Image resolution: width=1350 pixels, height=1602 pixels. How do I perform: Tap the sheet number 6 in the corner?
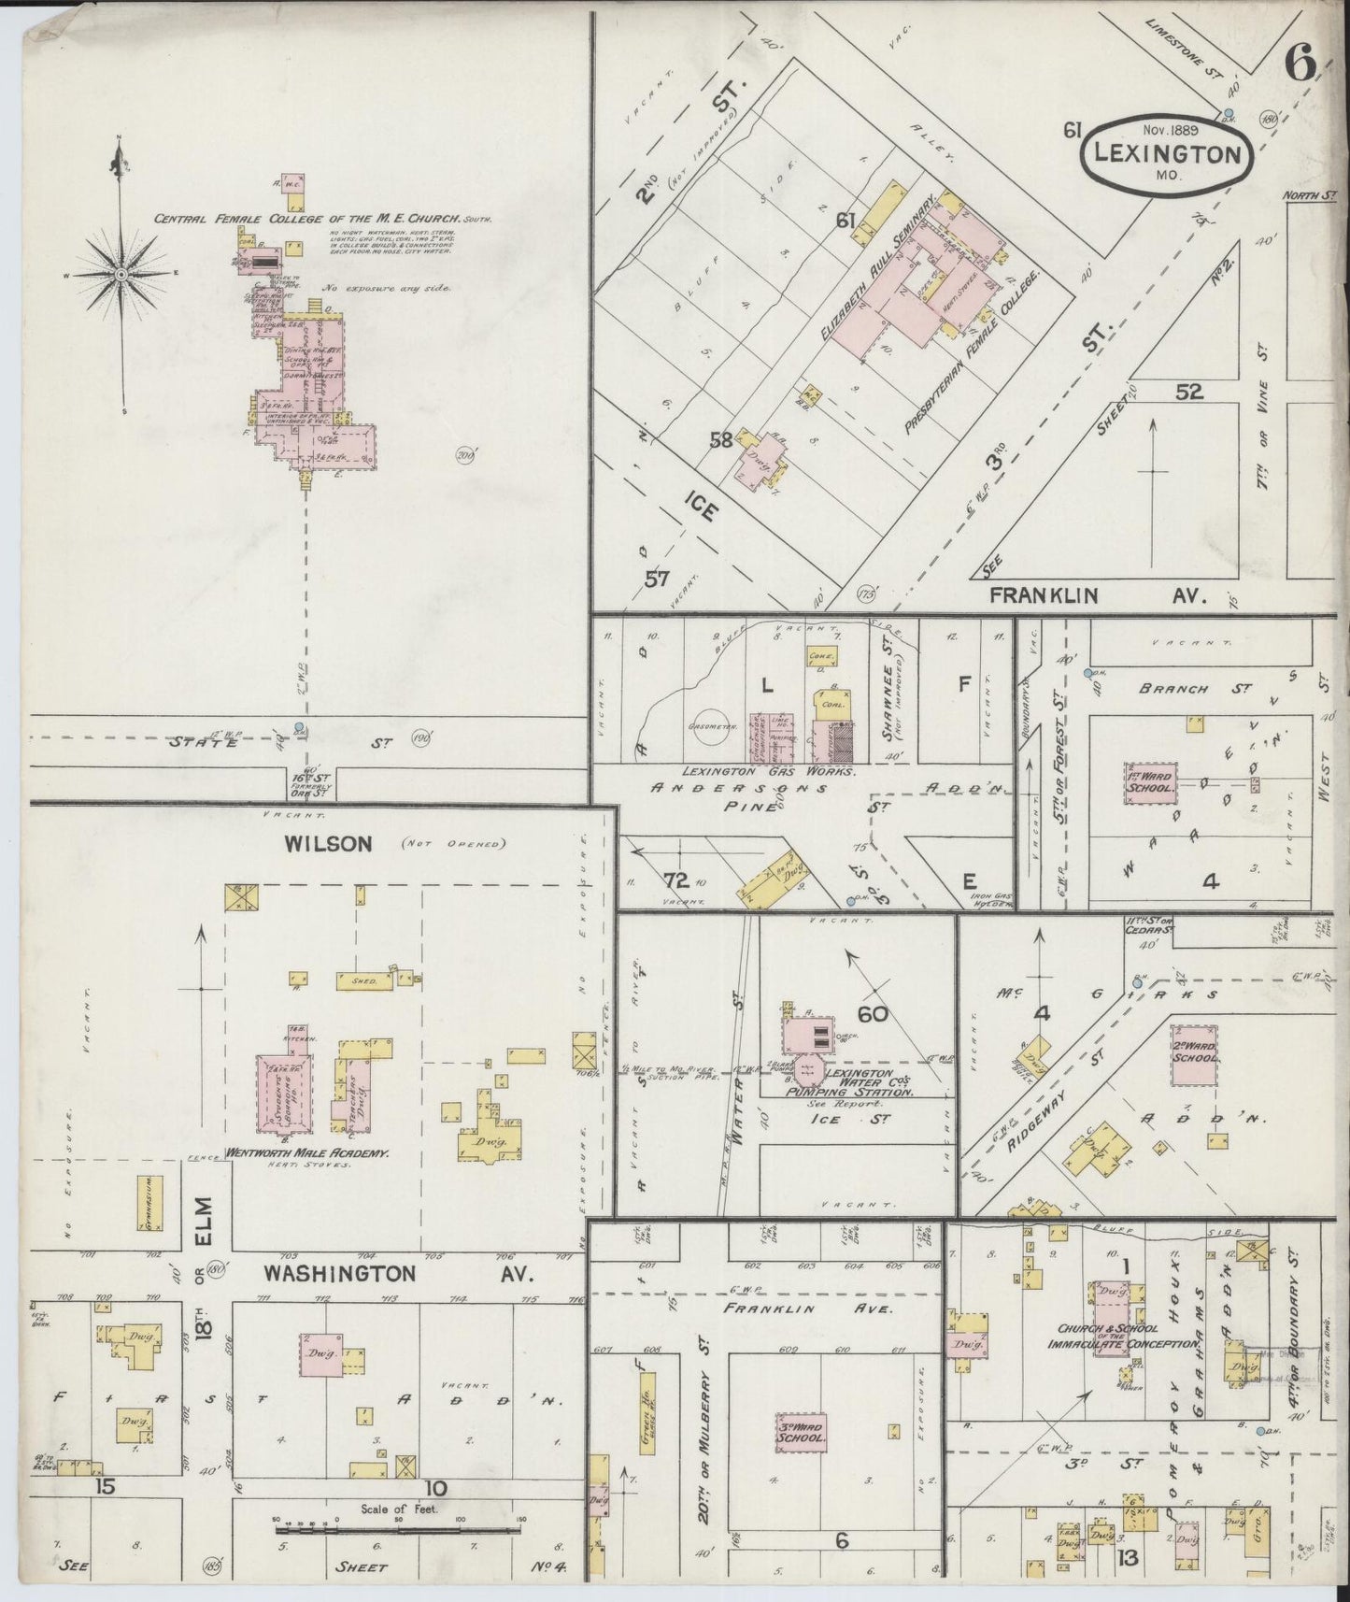(1300, 63)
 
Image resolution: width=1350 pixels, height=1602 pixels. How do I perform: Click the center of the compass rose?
(121, 274)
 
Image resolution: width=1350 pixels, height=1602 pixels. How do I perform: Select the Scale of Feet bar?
(397, 1530)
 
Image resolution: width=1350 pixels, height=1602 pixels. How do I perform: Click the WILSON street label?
(315, 844)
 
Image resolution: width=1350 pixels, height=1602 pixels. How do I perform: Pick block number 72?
(675, 880)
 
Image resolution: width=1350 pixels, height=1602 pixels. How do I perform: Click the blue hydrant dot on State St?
(299, 727)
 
